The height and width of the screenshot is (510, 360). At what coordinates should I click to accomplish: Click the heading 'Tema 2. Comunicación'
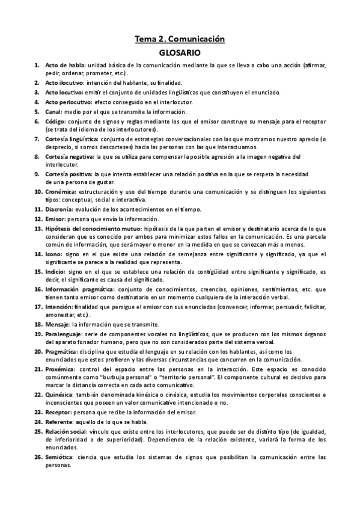[x=180, y=39]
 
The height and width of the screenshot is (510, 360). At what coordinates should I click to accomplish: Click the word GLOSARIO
[x=180, y=53]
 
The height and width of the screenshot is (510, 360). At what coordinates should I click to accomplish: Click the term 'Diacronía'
[x=61, y=209]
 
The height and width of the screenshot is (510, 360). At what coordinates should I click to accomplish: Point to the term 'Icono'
[x=54, y=255]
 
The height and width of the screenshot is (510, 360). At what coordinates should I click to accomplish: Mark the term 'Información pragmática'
[x=78, y=289]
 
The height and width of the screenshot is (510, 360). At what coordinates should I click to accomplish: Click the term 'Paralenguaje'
[x=65, y=333]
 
